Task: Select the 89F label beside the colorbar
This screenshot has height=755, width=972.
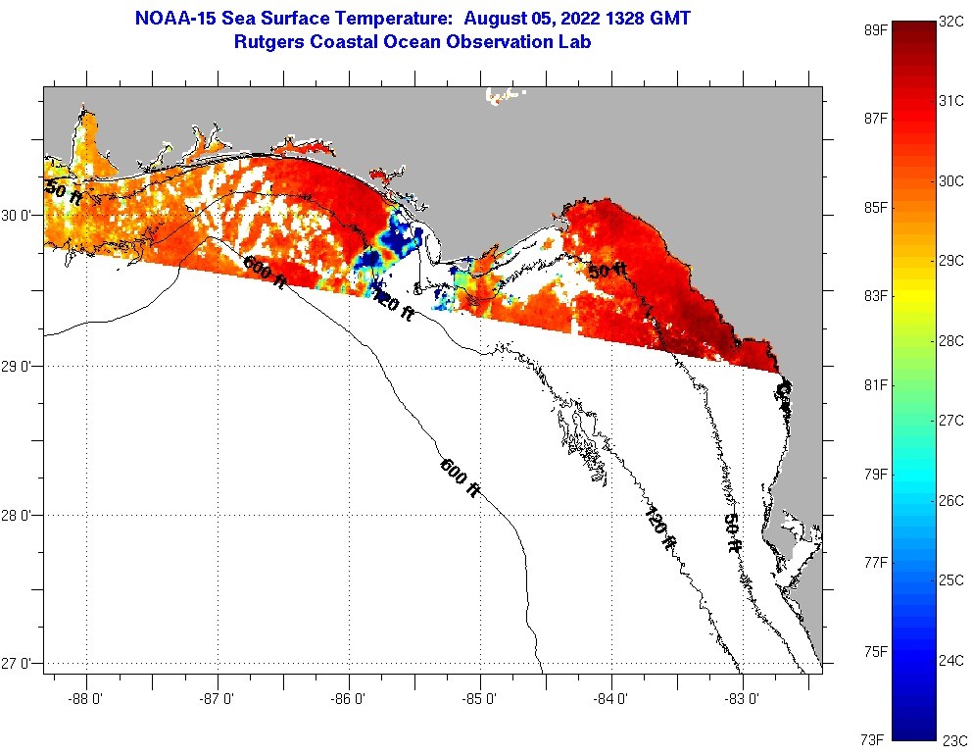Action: click(x=875, y=28)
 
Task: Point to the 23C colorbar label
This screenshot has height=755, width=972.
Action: click(x=953, y=739)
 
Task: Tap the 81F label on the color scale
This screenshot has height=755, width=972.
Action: click(x=875, y=384)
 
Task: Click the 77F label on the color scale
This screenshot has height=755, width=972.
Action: click(x=875, y=562)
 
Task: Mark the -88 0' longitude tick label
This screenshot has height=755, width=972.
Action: click(x=86, y=699)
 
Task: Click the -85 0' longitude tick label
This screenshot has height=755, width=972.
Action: click(x=480, y=699)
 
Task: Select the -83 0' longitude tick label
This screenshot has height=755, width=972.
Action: click(x=743, y=699)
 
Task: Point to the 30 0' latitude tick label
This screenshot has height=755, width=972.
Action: click(x=22, y=216)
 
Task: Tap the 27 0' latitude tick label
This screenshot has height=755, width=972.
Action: click(x=22, y=664)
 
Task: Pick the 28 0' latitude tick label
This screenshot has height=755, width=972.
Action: click(x=22, y=515)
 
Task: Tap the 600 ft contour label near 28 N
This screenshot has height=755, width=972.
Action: click(x=460, y=478)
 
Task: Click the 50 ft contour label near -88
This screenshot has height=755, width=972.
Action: click(x=63, y=191)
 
